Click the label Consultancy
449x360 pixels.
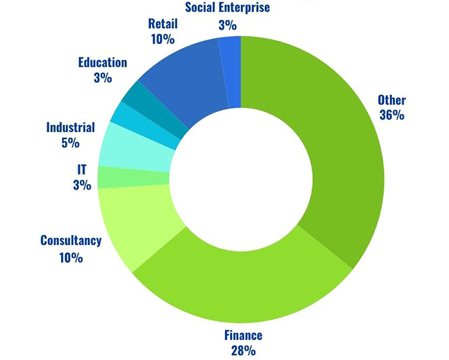pos(71,240)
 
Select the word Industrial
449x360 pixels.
pos(70,127)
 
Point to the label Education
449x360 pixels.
pos(102,63)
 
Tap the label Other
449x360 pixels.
pos(391,100)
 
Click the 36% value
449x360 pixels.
pos(391,115)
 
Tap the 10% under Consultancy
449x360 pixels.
pos(71,258)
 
